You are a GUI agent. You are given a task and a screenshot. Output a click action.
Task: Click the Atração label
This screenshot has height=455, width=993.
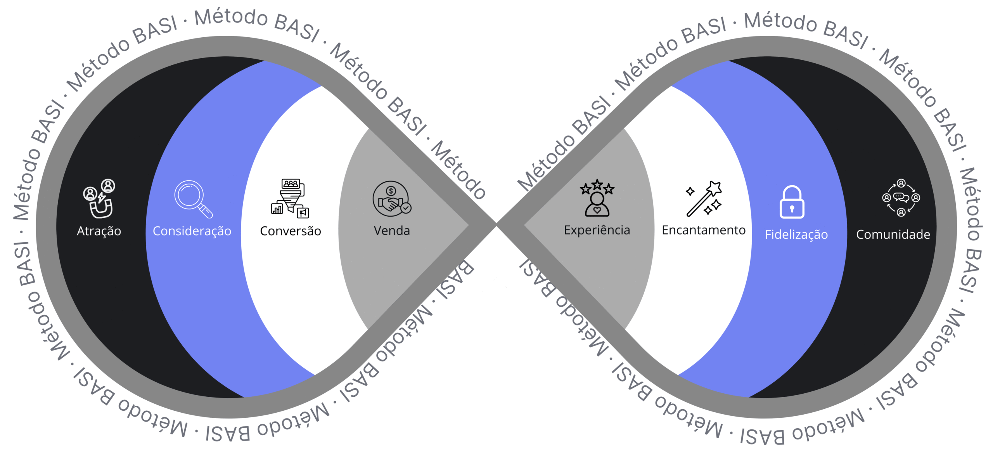pyautogui.click(x=99, y=231)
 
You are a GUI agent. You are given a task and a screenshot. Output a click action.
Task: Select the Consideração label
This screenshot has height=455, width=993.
pyautogui.click(x=192, y=231)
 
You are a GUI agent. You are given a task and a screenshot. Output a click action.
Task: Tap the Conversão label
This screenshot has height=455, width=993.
pyautogui.click(x=291, y=231)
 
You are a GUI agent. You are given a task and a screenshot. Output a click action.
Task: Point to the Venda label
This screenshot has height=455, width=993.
pyautogui.click(x=392, y=231)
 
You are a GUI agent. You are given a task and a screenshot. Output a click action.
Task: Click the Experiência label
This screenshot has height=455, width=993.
pyautogui.click(x=597, y=230)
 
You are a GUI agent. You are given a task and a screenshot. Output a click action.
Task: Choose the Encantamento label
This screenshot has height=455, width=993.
pyautogui.click(x=704, y=230)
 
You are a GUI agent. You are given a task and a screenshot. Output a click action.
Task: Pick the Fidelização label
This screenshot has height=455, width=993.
pyautogui.click(x=796, y=234)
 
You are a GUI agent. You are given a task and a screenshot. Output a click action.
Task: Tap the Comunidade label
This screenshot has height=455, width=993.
pyautogui.click(x=893, y=234)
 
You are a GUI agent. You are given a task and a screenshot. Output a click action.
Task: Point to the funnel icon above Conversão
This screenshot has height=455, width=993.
pyautogui.click(x=291, y=198)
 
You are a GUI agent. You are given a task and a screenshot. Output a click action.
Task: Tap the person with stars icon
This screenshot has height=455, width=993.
pyautogui.click(x=597, y=198)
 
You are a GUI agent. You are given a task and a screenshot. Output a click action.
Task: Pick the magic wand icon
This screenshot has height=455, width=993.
pyautogui.click(x=704, y=198)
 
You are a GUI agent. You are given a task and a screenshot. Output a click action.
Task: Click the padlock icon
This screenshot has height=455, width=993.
pyautogui.click(x=792, y=202)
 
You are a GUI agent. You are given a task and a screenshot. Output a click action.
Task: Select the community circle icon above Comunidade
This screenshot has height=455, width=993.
pyautogui.click(x=901, y=198)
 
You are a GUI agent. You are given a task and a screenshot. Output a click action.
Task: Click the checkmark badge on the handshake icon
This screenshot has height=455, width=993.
pyautogui.click(x=406, y=208)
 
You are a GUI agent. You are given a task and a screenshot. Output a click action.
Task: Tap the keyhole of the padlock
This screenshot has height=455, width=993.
pyautogui.click(x=792, y=209)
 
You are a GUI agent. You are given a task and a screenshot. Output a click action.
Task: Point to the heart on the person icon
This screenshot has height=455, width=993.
pyautogui.click(x=597, y=210)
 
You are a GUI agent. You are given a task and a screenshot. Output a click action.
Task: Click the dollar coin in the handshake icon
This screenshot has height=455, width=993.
pyautogui.click(x=391, y=191)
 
